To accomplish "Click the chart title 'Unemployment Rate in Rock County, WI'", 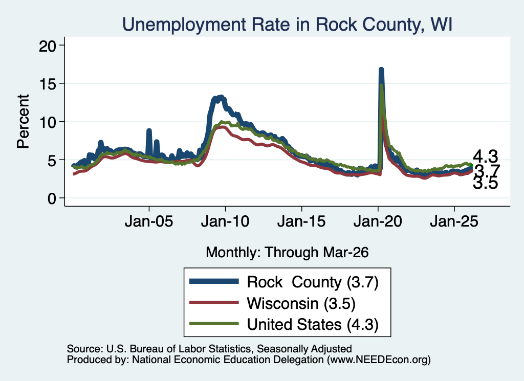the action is click(287, 25).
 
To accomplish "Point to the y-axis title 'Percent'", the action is click(23, 121).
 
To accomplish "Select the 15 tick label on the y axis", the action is click(47, 84).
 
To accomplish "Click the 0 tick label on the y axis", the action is click(52, 199).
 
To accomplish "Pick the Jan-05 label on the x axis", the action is click(149, 222).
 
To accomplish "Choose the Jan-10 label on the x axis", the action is click(225, 222).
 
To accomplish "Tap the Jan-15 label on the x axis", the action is click(301, 222).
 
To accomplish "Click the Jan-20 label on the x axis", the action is click(378, 222).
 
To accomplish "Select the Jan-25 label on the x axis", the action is click(454, 222).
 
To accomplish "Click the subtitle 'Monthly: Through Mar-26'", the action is click(287, 253).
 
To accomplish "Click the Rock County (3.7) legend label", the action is click(313, 282).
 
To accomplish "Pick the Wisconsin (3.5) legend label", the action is click(301, 304).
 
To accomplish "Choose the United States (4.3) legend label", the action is click(313, 325).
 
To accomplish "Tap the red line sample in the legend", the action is click(214, 303).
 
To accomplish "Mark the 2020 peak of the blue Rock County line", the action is click(381, 70).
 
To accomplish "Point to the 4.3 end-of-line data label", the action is click(486, 156).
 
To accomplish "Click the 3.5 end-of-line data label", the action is click(486, 183).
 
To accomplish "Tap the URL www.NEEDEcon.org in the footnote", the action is click(378, 360).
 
